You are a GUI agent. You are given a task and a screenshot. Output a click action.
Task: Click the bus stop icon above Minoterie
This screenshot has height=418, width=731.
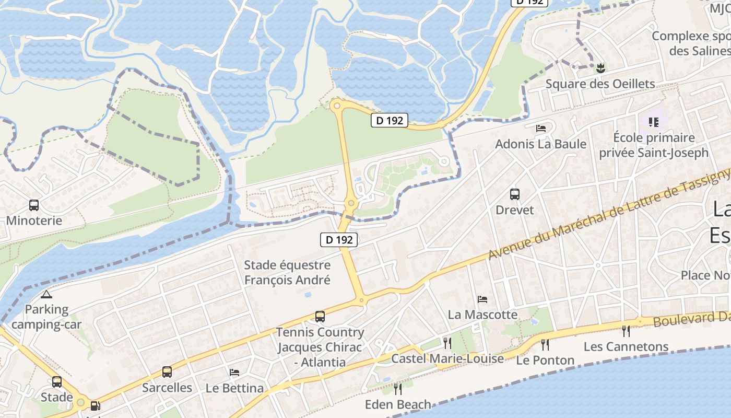point(34,205)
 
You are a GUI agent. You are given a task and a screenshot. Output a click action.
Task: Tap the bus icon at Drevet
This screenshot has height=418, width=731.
point(515,194)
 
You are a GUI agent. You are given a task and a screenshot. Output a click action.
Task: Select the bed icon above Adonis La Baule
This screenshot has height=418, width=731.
point(541,129)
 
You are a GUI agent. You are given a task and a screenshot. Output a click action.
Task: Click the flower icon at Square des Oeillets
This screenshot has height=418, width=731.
point(600,67)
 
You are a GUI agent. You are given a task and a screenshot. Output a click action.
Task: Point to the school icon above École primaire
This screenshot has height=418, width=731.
point(653,122)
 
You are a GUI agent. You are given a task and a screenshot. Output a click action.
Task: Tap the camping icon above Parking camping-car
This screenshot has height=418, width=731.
point(46,294)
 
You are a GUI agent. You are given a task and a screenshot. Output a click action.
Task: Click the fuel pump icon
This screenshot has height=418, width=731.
point(95,405)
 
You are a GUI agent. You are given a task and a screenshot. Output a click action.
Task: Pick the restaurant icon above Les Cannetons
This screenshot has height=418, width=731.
point(626,331)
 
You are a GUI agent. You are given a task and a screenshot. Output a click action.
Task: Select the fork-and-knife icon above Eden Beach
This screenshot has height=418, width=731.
point(398,389)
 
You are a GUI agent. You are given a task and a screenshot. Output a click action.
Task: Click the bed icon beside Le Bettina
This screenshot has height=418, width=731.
point(234,373)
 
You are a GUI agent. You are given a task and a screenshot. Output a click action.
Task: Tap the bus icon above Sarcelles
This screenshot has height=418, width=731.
point(167,372)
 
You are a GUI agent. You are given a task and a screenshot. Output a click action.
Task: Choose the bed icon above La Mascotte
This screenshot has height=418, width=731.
point(482,299)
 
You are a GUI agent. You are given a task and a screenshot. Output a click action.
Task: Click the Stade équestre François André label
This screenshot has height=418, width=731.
point(287,273)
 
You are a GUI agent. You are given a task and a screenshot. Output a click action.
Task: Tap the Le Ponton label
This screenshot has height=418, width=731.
point(545,360)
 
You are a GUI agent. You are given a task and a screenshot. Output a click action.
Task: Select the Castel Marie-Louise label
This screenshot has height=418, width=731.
point(447,358)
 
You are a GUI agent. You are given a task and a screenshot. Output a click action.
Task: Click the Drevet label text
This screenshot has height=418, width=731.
point(515,210)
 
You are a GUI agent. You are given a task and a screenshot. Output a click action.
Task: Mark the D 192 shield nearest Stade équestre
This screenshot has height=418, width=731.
point(339,240)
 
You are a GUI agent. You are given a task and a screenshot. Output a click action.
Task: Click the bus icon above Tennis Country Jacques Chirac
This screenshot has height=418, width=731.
point(320,317)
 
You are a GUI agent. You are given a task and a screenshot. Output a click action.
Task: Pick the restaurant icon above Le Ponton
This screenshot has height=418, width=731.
point(545,344)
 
